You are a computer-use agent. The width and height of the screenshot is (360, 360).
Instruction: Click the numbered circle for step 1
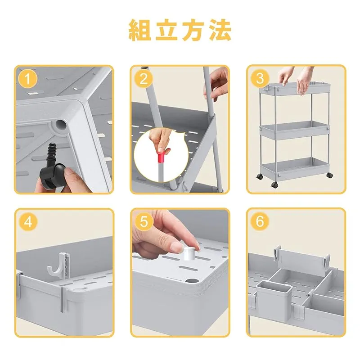(27, 79)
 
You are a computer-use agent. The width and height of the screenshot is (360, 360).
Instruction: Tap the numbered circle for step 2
(144, 79)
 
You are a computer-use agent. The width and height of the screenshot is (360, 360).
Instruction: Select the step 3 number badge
(260, 79)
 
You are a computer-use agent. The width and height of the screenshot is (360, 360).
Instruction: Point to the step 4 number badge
(28, 222)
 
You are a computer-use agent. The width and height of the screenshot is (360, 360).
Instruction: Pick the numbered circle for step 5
(144, 222)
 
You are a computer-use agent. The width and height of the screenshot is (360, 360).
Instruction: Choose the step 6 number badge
(260, 221)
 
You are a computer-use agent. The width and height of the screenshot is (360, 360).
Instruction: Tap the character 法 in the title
(220, 30)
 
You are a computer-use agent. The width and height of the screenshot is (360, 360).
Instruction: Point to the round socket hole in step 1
(61, 125)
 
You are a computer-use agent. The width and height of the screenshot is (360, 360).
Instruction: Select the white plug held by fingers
(189, 253)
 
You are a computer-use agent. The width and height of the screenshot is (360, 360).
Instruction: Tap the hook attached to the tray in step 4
(57, 266)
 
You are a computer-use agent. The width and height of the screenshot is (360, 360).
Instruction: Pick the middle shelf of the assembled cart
(295, 130)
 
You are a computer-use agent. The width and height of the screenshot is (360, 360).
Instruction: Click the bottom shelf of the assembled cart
(295, 169)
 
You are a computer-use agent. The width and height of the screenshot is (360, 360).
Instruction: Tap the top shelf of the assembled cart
(295, 88)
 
